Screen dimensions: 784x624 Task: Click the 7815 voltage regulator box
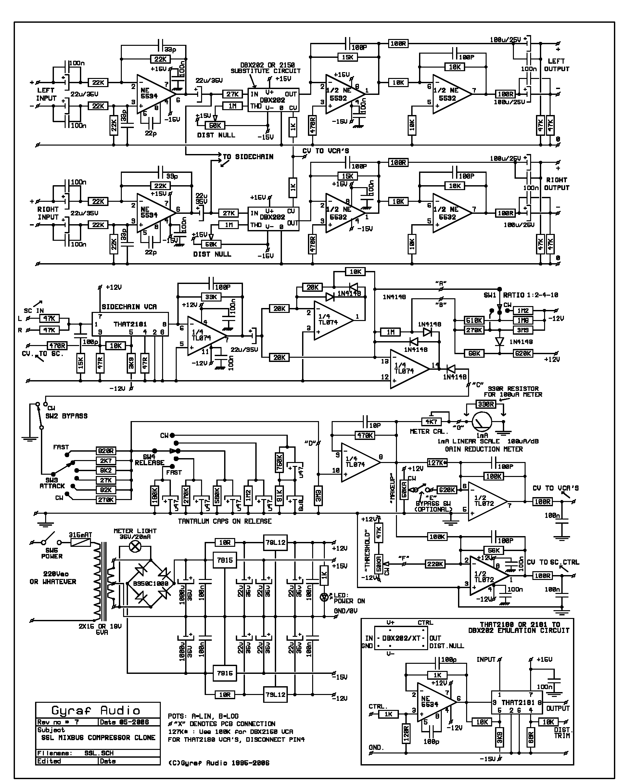(x=225, y=560)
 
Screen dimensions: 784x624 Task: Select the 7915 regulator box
(x=225, y=673)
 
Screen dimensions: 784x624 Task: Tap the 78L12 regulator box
(x=275, y=543)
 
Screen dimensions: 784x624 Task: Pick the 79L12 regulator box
(x=275, y=695)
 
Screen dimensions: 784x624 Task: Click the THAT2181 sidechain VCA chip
(x=130, y=324)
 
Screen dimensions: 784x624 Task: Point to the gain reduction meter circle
(x=482, y=422)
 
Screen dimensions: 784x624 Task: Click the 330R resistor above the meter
(x=486, y=405)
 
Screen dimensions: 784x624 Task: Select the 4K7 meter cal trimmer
(x=431, y=422)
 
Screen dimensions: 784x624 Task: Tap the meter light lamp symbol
(x=135, y=546)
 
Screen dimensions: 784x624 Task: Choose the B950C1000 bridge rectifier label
(x=150, y=584)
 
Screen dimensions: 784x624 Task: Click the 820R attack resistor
(x=106, y=451)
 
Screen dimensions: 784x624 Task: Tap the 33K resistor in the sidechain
(x=211, y=297)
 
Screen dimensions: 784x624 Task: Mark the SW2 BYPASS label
(x=67, y=416)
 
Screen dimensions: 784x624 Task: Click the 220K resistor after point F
(x=435, y=564)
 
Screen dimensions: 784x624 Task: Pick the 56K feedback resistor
(x=493, y=550)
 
